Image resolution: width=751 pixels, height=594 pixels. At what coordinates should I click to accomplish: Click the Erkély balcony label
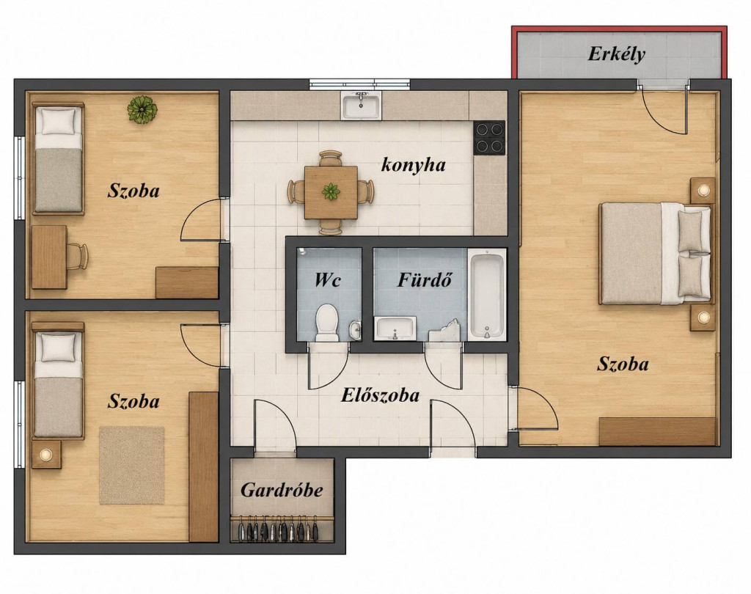[616, 54]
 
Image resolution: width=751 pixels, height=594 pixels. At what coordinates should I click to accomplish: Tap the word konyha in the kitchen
[414, 165]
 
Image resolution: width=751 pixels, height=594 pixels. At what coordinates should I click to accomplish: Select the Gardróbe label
[282, 490]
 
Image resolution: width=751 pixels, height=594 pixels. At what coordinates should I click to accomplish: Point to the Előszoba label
[381, 395]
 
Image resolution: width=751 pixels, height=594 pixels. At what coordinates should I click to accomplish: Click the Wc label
[328, 279]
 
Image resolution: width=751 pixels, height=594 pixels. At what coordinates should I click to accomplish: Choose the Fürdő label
[425, 279]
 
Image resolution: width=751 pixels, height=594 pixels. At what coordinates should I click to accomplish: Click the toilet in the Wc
[327, 323]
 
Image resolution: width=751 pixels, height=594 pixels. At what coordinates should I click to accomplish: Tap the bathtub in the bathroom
[487, 296]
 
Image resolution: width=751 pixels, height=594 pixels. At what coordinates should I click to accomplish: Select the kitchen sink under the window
[361, 105]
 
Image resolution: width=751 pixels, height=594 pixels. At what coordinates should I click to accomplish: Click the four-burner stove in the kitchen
[489, 137]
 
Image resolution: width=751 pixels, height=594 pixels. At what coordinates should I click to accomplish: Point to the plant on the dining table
[331, 191]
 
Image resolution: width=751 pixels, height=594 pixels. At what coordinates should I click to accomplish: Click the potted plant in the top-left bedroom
[142, 110]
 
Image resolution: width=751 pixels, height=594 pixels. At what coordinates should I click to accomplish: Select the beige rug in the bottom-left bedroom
[132, 465]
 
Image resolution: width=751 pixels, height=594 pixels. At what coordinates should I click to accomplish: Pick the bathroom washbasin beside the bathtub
[395, 328]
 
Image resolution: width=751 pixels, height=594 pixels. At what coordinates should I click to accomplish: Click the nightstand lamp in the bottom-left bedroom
[46, 454]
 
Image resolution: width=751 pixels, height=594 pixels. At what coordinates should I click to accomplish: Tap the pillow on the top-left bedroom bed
[59, 121]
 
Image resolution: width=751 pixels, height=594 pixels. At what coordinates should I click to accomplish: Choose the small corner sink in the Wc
[355, 329]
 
